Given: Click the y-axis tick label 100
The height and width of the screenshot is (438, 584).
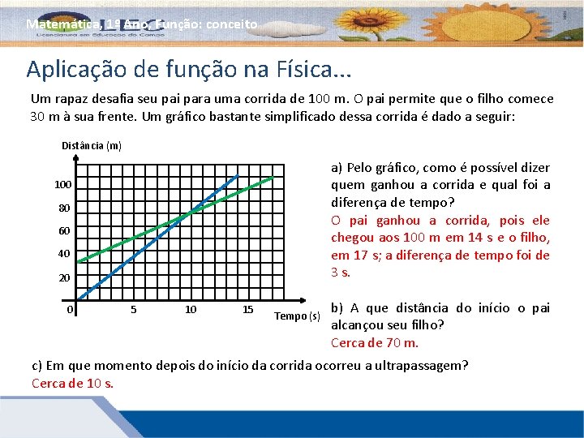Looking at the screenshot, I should click(62, 185).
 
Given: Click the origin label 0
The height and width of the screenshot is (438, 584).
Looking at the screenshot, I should click(71, 309).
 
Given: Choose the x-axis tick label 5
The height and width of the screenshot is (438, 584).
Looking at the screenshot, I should click(133, 309).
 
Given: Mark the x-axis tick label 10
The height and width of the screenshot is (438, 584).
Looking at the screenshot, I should click(191, 309).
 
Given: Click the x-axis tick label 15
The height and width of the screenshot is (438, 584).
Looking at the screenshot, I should click(248, 309).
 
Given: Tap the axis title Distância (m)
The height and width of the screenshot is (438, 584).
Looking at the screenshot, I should click(92, 146).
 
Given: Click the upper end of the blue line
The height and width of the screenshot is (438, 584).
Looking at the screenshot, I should click(238, 174).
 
